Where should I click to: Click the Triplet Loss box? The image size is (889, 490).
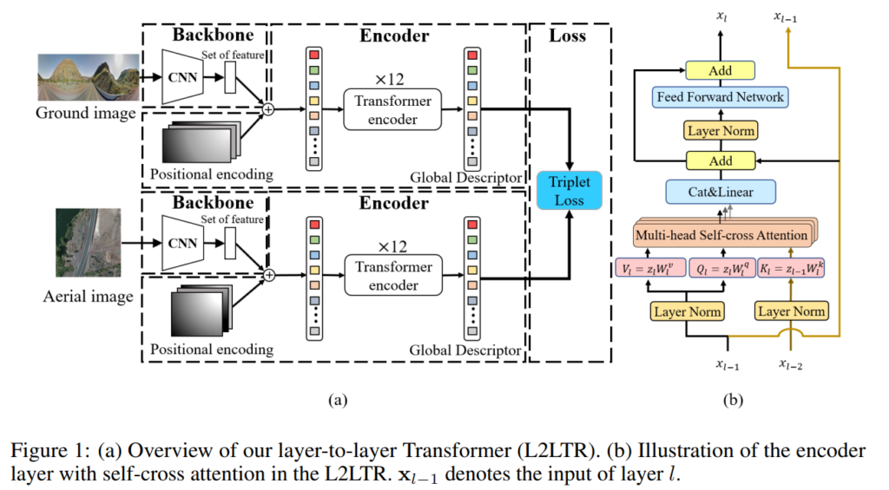[x=568, y=190]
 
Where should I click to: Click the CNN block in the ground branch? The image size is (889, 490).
[x=183, y=75]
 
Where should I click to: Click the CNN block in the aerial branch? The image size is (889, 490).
[x=183, y=243]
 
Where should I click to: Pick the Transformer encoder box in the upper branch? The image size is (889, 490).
[x=392, y=109]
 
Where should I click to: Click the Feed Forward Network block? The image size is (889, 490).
[x=721, y=97]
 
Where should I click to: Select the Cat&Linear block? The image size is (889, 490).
[x=721, y=191]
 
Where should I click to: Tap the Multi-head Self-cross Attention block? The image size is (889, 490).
[x=721, y=235]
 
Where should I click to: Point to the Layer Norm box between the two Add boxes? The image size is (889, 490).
[x=721, y=131]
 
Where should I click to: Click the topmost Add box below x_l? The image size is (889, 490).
[x=721, y=70]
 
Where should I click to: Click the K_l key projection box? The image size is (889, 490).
[x=791, y=269]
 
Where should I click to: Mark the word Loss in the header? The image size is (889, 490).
[x=568, y=36]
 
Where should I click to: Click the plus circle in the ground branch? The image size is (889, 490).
[x=268, y=109]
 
